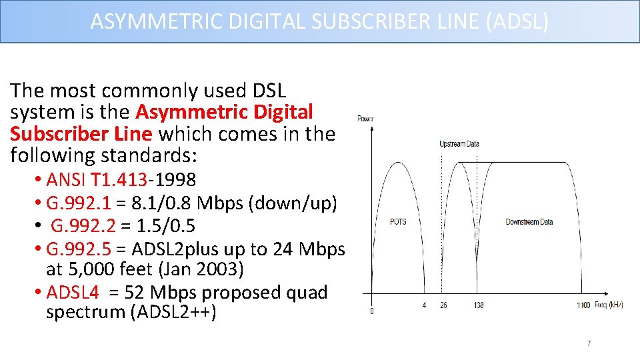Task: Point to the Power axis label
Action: pos(365,119)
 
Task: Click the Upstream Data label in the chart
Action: pos(459,143)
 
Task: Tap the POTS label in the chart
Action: pos(398,221)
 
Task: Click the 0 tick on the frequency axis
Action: pos(371,311)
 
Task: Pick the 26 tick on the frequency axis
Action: pos(443,305)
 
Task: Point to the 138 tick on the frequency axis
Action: pos(479,305)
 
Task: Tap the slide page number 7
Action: pos(589,343)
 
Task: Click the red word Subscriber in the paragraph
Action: pos(53,133)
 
